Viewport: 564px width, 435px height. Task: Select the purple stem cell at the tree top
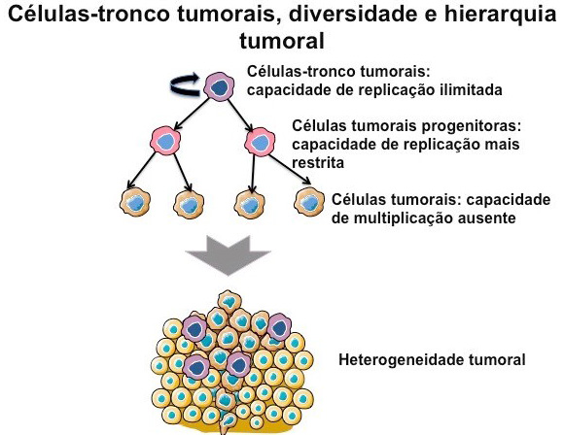[221, 87]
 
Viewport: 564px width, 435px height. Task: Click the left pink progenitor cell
[168, 142]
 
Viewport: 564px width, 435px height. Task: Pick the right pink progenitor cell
[260, 142]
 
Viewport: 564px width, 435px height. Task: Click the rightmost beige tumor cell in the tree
[308, 201]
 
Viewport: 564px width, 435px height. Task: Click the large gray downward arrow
[228, 258]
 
